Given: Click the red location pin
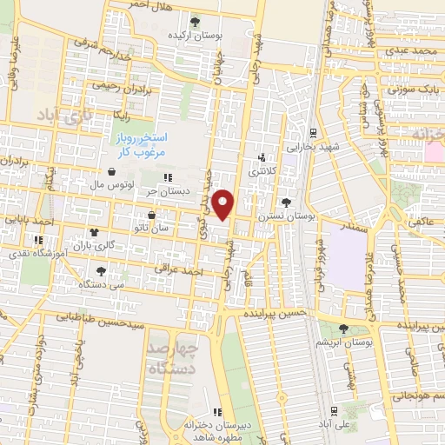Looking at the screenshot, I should coord(224,204).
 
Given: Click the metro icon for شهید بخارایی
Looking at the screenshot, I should coord(314,133).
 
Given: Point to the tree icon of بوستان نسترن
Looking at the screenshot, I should coord(286,201).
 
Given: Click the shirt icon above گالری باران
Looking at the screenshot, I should coord(94,232).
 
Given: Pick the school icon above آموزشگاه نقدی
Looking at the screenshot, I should coord(37,240).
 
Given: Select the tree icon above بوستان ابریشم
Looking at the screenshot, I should coord(343,328).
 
